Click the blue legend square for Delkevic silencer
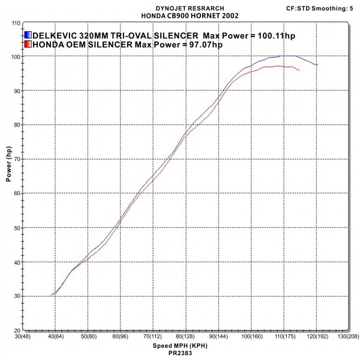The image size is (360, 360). click(29, 35)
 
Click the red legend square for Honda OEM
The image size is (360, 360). click(29, 44)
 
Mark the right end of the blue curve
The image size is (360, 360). click(317, 65)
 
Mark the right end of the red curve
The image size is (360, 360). click(299, 70)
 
